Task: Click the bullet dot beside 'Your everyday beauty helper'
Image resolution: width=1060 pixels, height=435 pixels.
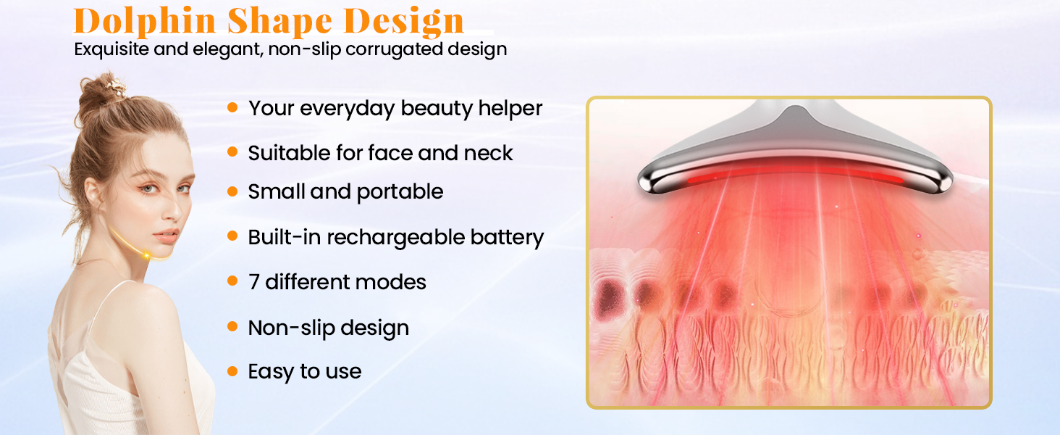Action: click(x=232, y=107)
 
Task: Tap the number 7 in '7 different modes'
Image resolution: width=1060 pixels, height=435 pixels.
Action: click(x=254, y=282)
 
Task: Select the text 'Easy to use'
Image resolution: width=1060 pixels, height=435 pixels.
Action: click(x=304, y=371)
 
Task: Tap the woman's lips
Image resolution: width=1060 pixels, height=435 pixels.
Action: click(x=167, y=236)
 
